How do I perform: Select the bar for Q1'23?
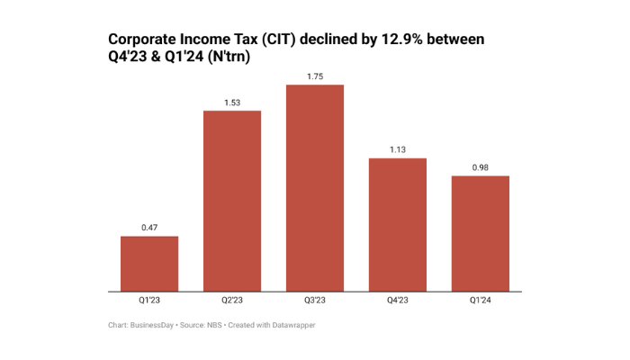149,264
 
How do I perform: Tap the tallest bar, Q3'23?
315,188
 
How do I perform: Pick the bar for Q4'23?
398,225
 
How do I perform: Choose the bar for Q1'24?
481,233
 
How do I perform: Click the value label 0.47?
149,228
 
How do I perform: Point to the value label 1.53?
232,102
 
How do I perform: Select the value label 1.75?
315,76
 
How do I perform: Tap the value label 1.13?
398,149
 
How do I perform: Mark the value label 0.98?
481,167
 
